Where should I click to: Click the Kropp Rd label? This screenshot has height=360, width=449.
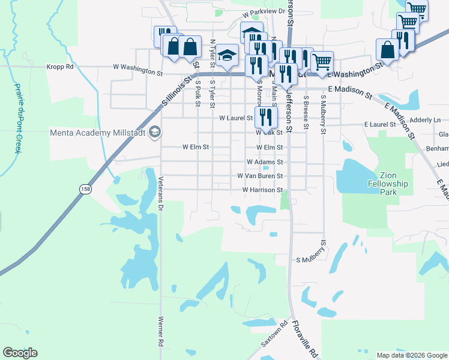[60, 67]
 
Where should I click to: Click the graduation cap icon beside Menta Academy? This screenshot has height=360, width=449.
[155, 132]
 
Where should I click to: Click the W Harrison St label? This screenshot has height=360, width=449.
[262, 190]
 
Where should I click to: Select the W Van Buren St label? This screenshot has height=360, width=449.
[260, 176]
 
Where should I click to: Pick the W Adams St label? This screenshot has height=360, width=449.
[264, 162]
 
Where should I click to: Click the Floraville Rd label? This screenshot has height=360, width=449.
[304, 339]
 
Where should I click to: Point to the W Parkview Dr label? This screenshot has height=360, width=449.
[264, 11]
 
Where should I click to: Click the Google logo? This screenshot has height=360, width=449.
[20, 353]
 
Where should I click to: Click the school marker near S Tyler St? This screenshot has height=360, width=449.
[227, 56]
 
